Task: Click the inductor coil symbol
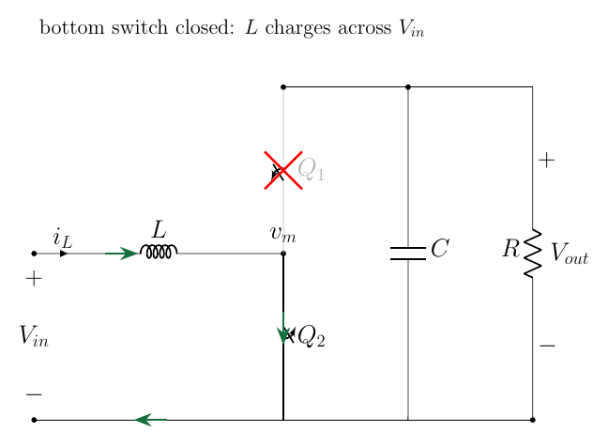[159, 252]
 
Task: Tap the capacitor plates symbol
[408, 254]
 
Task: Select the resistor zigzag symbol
[532, 254]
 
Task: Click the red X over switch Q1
[283, 170]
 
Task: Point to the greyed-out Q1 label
[311, 170]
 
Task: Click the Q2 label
[312, 336]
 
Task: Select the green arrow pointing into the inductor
[121, 254]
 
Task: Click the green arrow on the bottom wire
[150, 420]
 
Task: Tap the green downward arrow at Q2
[283, 328]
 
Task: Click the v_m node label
[283, 234]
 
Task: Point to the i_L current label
[63, 238]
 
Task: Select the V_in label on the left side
[34, 335]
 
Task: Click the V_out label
[570, 253]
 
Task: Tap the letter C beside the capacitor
[440, 248]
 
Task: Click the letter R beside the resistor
[511, 248]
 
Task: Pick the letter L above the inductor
[159, 229]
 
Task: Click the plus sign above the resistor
[547, 161]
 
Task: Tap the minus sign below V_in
[34, 394]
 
